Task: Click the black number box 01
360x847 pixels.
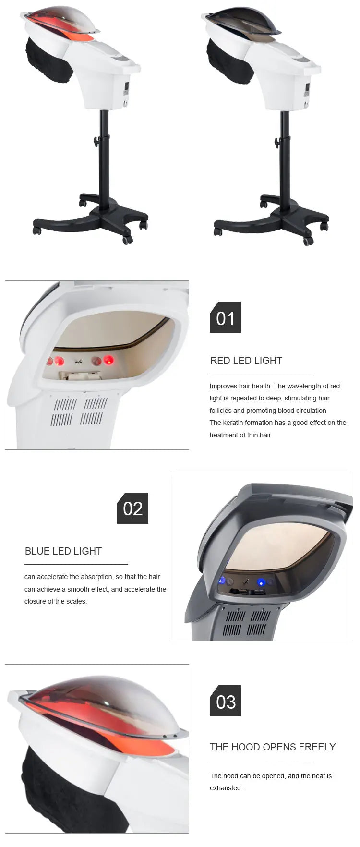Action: (x=225, y=317)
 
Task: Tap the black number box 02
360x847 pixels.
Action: (x=132, y=508)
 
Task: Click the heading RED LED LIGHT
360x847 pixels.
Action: (x=246, y=361)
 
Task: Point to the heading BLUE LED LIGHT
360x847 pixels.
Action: (x=63, y=551)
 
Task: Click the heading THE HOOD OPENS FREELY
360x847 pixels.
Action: (x=273, y=747)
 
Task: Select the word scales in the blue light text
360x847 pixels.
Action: (x=76, y=601)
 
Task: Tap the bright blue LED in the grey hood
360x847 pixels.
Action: (x=261, y=582)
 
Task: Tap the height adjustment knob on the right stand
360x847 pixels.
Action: (x=278, y=143)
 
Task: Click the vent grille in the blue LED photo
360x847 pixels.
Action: (x=246, y=623)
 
